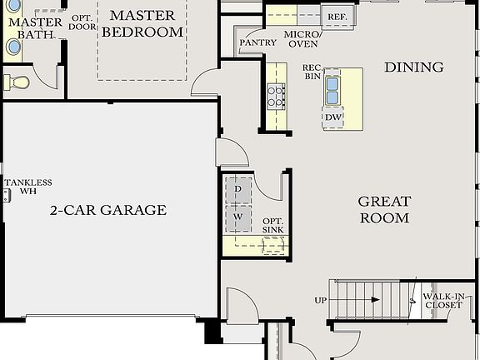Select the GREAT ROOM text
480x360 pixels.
[x=384, y=210]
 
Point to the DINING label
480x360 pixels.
[x=413, y=67]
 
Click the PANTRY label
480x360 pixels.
[x=257, y=42]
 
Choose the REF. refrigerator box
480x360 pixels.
[x=337, y=17]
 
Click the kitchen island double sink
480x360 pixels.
[x=333, y=89]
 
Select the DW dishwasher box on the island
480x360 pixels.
[x=333, y=117]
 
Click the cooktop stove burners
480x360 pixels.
[x=276, y=97]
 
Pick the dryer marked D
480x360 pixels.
[x=237, y=190]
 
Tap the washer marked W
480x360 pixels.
[x=237, y=217]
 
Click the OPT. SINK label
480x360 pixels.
[x=272, y=224]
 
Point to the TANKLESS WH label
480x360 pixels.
[x=27, y=187]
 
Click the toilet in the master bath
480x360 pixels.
[x=17, y=82]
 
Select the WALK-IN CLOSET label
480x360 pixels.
[x=442, y=301]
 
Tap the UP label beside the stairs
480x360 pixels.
[x=320, y=300]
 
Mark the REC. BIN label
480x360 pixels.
[x=312, y=72]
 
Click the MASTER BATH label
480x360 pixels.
[x=29, y=28]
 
